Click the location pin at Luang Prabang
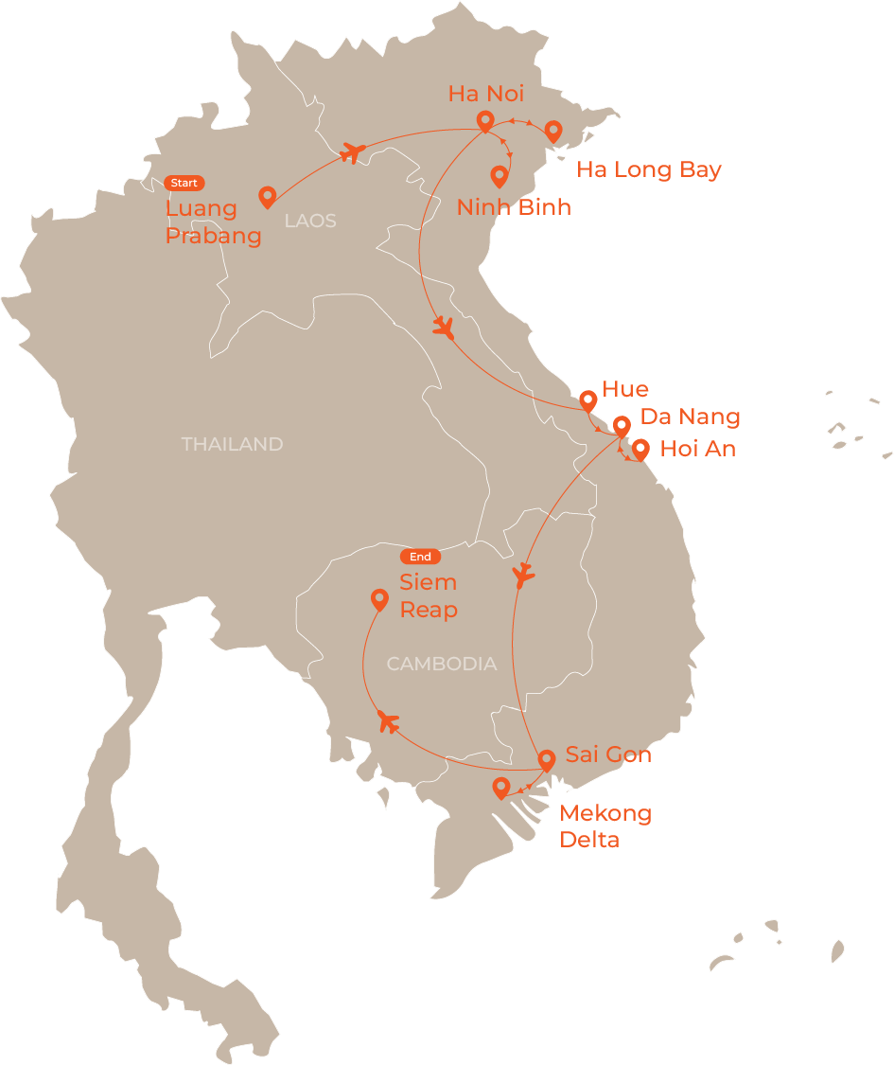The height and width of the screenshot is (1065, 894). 267,196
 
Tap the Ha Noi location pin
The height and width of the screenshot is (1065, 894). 484,120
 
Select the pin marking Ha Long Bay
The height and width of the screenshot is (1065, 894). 552,131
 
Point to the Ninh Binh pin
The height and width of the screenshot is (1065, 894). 499,175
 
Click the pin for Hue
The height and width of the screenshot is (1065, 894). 587,399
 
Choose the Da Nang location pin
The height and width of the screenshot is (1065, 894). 622,426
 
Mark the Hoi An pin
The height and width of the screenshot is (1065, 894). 640,449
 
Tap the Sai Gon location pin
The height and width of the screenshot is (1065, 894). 546,759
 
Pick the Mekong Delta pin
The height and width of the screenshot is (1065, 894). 501,787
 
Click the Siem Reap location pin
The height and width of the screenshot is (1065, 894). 379,598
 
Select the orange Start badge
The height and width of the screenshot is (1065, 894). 184,183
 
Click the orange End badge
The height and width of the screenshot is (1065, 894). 420,557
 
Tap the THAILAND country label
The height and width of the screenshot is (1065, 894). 232,444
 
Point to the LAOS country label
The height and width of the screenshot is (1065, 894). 310,221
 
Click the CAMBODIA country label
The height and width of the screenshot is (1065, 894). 442,664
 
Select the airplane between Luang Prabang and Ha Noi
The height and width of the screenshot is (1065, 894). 352,151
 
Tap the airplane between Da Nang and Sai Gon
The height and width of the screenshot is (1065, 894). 522,575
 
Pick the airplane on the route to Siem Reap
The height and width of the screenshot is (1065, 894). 387,721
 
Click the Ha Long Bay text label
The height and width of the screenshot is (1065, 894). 649,170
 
